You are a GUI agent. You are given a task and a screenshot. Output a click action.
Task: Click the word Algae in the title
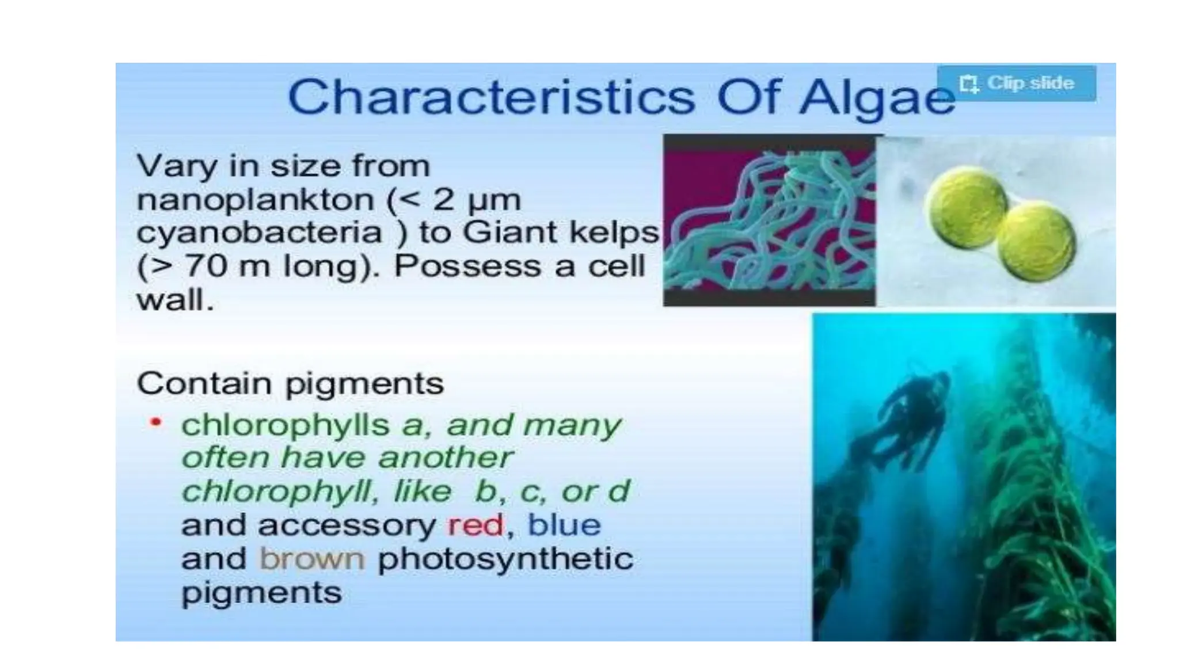click(877, 98)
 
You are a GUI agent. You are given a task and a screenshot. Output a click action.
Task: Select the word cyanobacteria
click(259, 233)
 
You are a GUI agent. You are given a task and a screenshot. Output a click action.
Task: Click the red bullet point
click(155, 422)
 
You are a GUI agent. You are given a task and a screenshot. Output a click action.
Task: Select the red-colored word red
click(476, 525)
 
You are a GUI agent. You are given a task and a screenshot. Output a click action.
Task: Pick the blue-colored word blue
click(564, 525)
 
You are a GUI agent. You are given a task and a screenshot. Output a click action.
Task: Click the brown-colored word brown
click(312, 559)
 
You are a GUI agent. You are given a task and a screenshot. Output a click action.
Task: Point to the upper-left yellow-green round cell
click(966, 206)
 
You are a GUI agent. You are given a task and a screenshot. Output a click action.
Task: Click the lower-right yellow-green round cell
click(1036, 242)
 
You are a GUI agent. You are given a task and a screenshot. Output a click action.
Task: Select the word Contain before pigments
click(204, 383)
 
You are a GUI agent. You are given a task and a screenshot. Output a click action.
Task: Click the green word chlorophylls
click(286, 425)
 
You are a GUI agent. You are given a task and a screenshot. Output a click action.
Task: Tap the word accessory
click(347, 525)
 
